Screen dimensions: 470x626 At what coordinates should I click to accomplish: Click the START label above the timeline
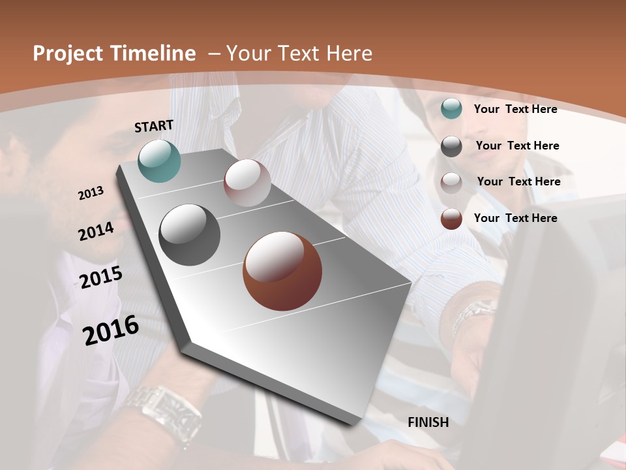pyautogui.click(x=154, y=126)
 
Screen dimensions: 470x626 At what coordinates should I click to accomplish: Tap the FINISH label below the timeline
pyautogui.click(x=428, y=422)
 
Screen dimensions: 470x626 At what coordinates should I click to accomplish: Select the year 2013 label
pyautogui.click(x=91, y=193)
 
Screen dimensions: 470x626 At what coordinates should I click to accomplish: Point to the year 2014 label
pyautogui.click(x=96, y=231)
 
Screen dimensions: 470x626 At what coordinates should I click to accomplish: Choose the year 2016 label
pyautogui.click(x=111, y=330)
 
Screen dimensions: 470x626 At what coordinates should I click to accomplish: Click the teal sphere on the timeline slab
pyautogui.click(x=159, y=161)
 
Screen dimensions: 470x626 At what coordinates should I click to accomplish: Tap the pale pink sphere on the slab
pyautogui.click(x=247, y=183)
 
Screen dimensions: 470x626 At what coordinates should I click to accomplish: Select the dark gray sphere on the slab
pyautogui.click(x=190, y=235)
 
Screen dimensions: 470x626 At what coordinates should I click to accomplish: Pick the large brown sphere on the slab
pyautogui.click(x=282, y=271)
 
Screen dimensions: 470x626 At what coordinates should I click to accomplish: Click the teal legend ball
pyautogui.click(x=451, y=109)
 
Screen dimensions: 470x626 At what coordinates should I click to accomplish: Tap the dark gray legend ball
pyautogui.click(x=451, y=146)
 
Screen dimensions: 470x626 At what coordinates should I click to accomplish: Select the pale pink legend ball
pyautogui.click(x=451, y=183)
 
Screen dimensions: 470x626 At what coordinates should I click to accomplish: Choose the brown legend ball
pyautogui.click(x=451, y=219)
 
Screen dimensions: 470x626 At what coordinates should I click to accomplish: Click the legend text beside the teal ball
pyautogui.click(x=515, y=109)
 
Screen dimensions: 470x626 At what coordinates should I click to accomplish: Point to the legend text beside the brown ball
pyautogui.click(x=515, y=218)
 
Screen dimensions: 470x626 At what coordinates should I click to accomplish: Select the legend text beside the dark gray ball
pyautogui.click(x=517, y=146)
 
